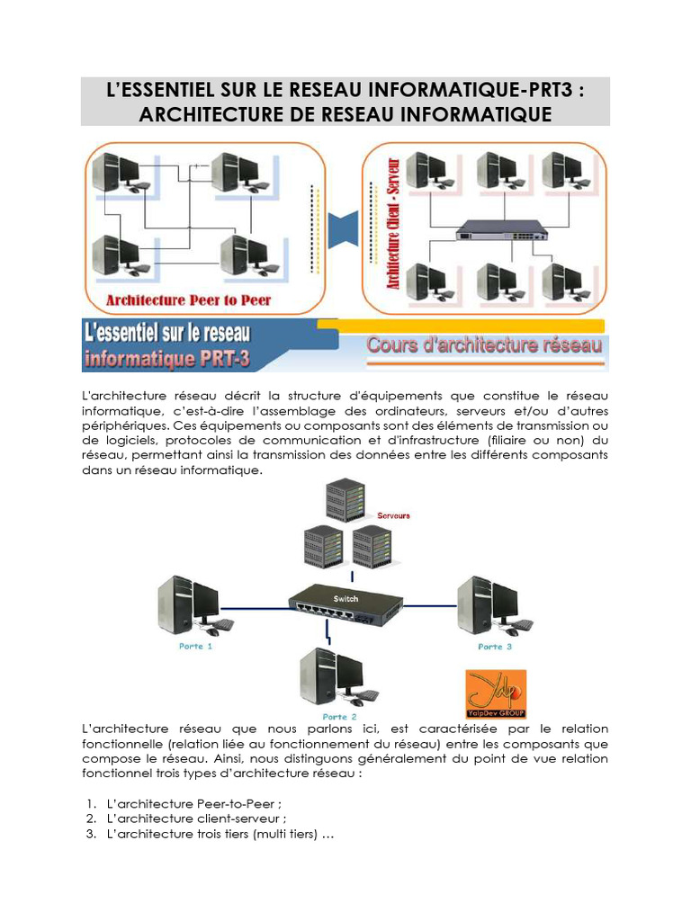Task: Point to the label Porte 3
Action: tap(495, 647)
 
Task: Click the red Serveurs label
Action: tap(395, 515)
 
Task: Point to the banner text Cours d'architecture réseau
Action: tap(484, 345)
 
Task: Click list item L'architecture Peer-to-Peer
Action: tap(199, 803)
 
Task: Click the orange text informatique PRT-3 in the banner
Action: tap(169, 360)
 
